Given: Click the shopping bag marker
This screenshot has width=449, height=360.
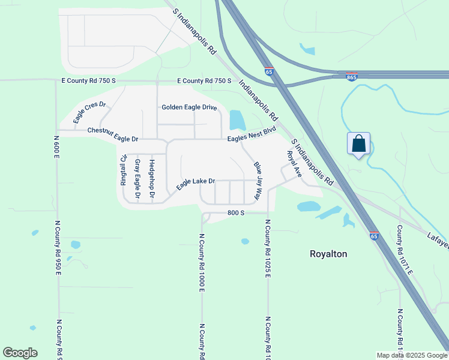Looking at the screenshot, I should point(358,144).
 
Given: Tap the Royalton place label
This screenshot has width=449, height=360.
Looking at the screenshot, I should point(328,254).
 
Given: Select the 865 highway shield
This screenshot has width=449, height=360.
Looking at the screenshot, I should point(352,77).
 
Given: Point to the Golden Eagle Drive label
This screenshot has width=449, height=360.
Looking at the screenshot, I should point(189,107).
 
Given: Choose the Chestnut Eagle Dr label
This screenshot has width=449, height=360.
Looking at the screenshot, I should point(113,134).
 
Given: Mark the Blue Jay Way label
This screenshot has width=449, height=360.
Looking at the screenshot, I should point(258,180).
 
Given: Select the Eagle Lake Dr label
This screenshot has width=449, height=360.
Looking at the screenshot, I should point(195,184).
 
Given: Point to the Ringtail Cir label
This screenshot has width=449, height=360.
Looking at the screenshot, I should point(123,170).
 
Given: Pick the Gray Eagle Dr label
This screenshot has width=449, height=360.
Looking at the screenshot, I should point(137,179).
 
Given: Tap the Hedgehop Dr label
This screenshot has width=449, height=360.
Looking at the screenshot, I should point(152,179).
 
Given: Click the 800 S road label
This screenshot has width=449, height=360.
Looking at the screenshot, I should point(236,213).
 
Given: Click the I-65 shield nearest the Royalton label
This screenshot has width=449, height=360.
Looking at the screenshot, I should point(374,236).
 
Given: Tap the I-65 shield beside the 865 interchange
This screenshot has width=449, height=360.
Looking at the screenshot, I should point(268,71).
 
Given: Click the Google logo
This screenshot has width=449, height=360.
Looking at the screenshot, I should point(20,353).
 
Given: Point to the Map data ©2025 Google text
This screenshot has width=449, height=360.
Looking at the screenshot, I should point(412,355).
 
